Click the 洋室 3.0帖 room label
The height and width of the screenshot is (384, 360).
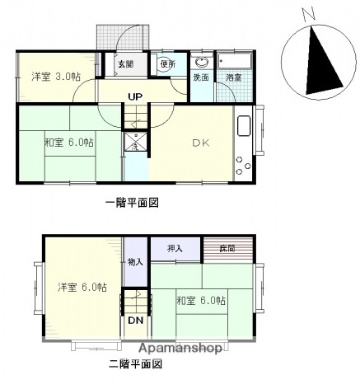point(56,77)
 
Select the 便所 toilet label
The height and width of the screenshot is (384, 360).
point(167,64)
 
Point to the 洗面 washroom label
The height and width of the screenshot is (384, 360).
point(201,77)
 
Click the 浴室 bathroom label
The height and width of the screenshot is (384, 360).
point(234,77)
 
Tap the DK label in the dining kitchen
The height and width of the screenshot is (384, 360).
point(202,142)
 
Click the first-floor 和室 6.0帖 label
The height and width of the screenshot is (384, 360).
point(69,142)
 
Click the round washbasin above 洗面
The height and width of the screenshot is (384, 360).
point(202,62)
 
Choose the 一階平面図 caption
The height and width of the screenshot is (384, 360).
point(131,202)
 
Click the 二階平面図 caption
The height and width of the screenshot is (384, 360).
point(134,363)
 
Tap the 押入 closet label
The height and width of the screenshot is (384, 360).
point(175,248)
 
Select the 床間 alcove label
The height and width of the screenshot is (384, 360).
point(226,248)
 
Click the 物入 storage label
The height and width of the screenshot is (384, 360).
point(136,262)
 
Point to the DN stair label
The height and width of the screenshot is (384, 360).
point(135,321)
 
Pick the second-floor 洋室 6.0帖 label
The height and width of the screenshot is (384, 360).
point(82,288)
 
